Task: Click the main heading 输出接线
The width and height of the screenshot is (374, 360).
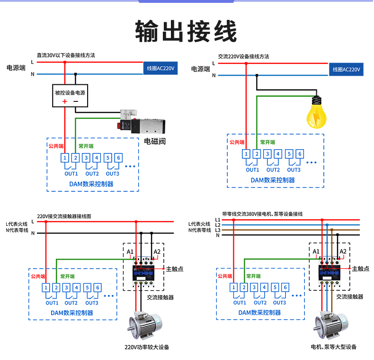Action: [x=186, y=32]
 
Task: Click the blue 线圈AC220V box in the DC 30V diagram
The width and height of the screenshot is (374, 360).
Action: [x=161, y=69]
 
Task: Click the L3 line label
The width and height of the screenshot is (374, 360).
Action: [x=217, y=230]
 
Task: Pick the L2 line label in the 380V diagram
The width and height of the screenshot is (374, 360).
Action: [x=217, y=225]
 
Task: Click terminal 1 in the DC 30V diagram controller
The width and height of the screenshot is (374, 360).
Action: [x=65, y=158]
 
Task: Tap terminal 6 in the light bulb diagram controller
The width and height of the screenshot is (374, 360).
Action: [x=300, y=153]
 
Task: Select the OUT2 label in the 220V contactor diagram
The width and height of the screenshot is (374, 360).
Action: [x=71, y=303]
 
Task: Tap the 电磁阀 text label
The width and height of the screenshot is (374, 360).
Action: [x=155, y=141]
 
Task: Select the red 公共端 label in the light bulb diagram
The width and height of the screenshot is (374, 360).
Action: [x=237, y=142]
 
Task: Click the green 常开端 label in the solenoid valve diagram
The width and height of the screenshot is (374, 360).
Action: [x=86, y=146]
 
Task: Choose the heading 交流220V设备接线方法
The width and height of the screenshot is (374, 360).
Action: [x=243, y=56]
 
